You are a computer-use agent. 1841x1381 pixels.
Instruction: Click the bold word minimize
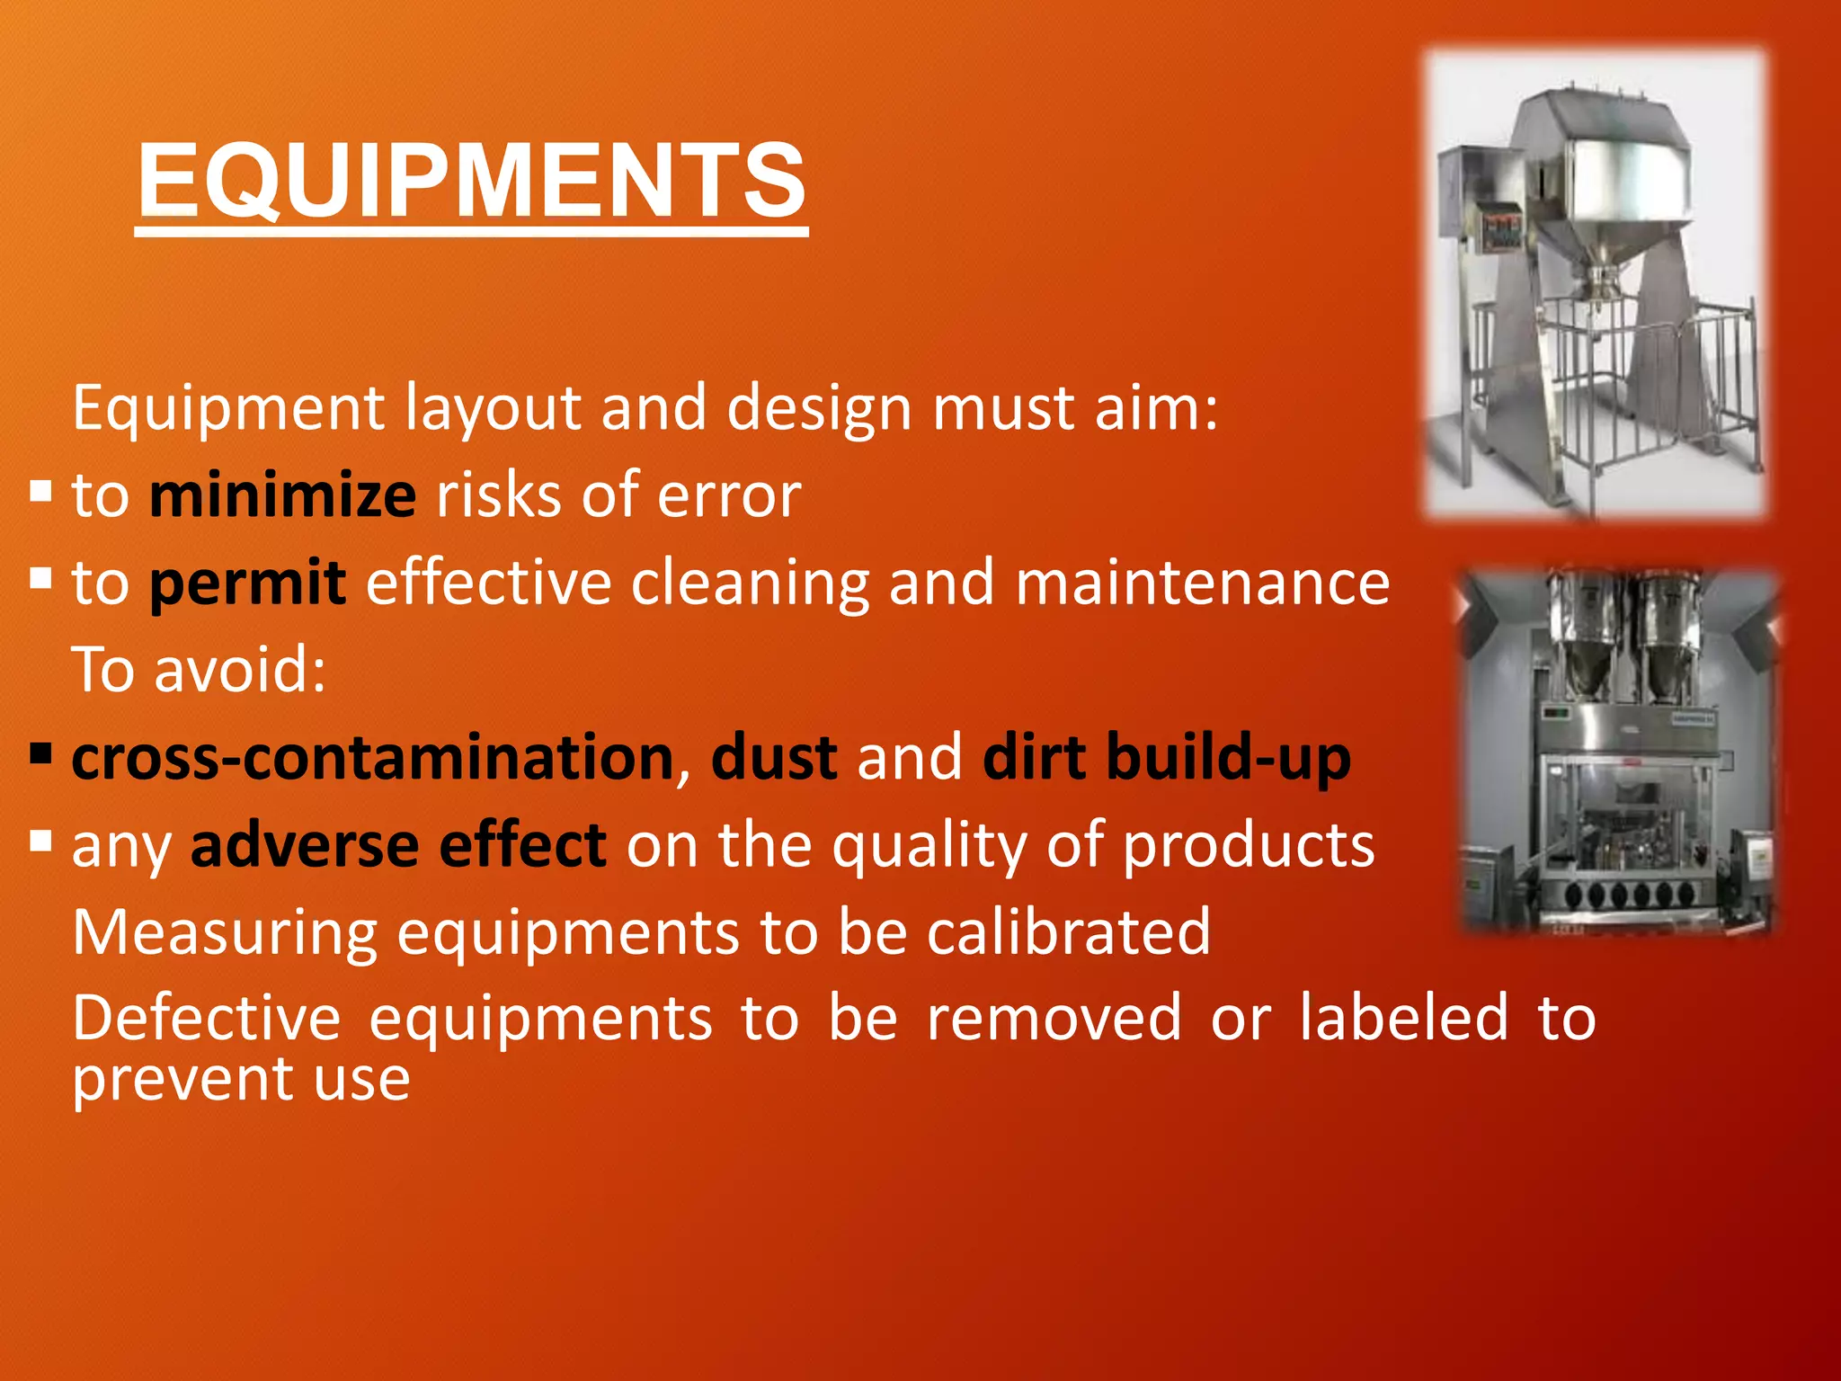[282, 495]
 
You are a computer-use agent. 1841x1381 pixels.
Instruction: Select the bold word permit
[247, 583]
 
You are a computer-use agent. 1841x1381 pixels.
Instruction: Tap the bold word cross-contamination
[372, 757]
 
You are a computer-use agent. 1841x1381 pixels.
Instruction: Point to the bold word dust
[774, 757]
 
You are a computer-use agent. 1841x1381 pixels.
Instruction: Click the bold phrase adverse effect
[398, 845]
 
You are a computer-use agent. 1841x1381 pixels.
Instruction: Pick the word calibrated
[1069, 931]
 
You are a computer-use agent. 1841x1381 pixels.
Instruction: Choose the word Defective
[207, 1019]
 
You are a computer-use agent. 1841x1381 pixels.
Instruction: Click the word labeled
[1403, 1019]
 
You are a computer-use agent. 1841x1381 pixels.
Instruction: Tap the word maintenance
[1202, 583]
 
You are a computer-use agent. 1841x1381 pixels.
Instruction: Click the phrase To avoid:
[199, 670]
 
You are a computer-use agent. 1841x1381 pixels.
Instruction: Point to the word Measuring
[225, 931]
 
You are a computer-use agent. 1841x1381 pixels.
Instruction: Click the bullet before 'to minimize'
[40, 492]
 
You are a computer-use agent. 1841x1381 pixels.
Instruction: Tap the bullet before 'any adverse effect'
[40, 842]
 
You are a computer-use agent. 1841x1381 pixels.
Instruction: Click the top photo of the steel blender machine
[1596, 283]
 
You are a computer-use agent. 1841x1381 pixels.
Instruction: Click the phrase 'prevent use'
[241, 1079]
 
